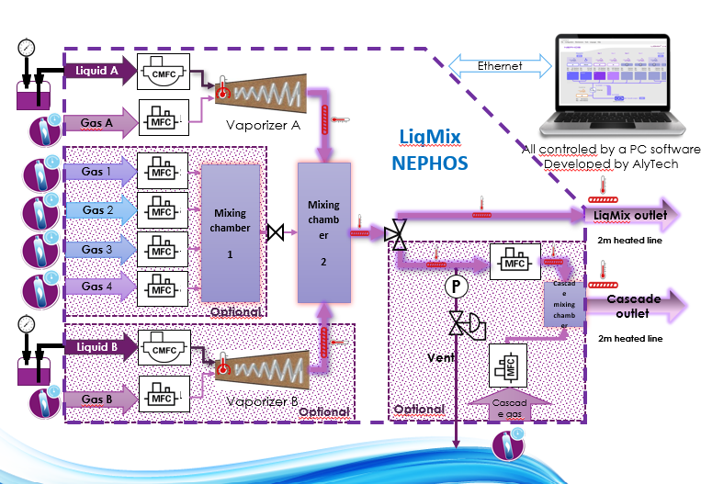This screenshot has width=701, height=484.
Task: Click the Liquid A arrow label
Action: [96, 70]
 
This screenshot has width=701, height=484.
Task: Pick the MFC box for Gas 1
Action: [162, 172]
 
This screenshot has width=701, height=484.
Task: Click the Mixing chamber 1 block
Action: [231, 233]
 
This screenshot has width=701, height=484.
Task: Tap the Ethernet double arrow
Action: [498, 66]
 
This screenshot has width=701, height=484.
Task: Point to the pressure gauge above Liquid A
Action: [26, 47]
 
